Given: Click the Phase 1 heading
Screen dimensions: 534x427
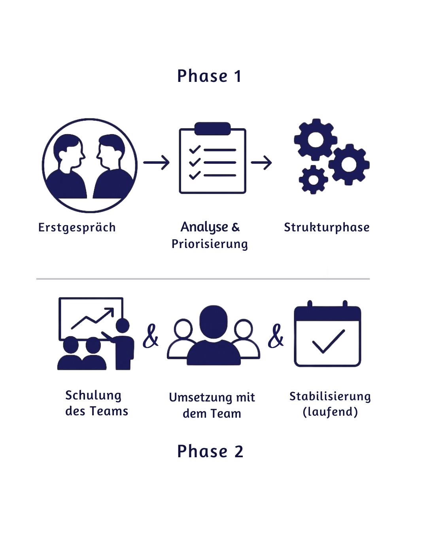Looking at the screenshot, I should [209, 76].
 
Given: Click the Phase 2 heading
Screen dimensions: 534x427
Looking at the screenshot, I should [210, 451].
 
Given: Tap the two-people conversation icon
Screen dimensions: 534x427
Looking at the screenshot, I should [90, 165].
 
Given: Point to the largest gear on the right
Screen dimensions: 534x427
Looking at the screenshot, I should [349, 164].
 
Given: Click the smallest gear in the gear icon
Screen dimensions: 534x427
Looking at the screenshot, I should [313, 180].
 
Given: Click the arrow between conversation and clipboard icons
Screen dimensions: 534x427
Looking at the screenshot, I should [157, 163].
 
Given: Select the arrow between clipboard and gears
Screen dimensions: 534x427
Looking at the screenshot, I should [261, 163].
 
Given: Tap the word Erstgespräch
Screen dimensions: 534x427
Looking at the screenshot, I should [77, 228].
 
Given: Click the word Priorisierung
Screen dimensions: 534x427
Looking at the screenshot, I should [210, 244].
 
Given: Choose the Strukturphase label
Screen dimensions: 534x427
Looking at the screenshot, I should [327, 227].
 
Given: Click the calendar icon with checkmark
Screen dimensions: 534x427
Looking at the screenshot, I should [327, 334].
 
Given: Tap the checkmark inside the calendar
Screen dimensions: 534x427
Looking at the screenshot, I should [329, 341].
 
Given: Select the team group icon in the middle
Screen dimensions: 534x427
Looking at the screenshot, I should [213, 336].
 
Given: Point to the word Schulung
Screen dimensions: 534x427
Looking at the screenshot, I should [93, 396].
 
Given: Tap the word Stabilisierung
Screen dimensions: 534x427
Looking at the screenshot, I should [330, 396].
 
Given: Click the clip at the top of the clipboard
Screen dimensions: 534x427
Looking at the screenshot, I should [213, 129].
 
